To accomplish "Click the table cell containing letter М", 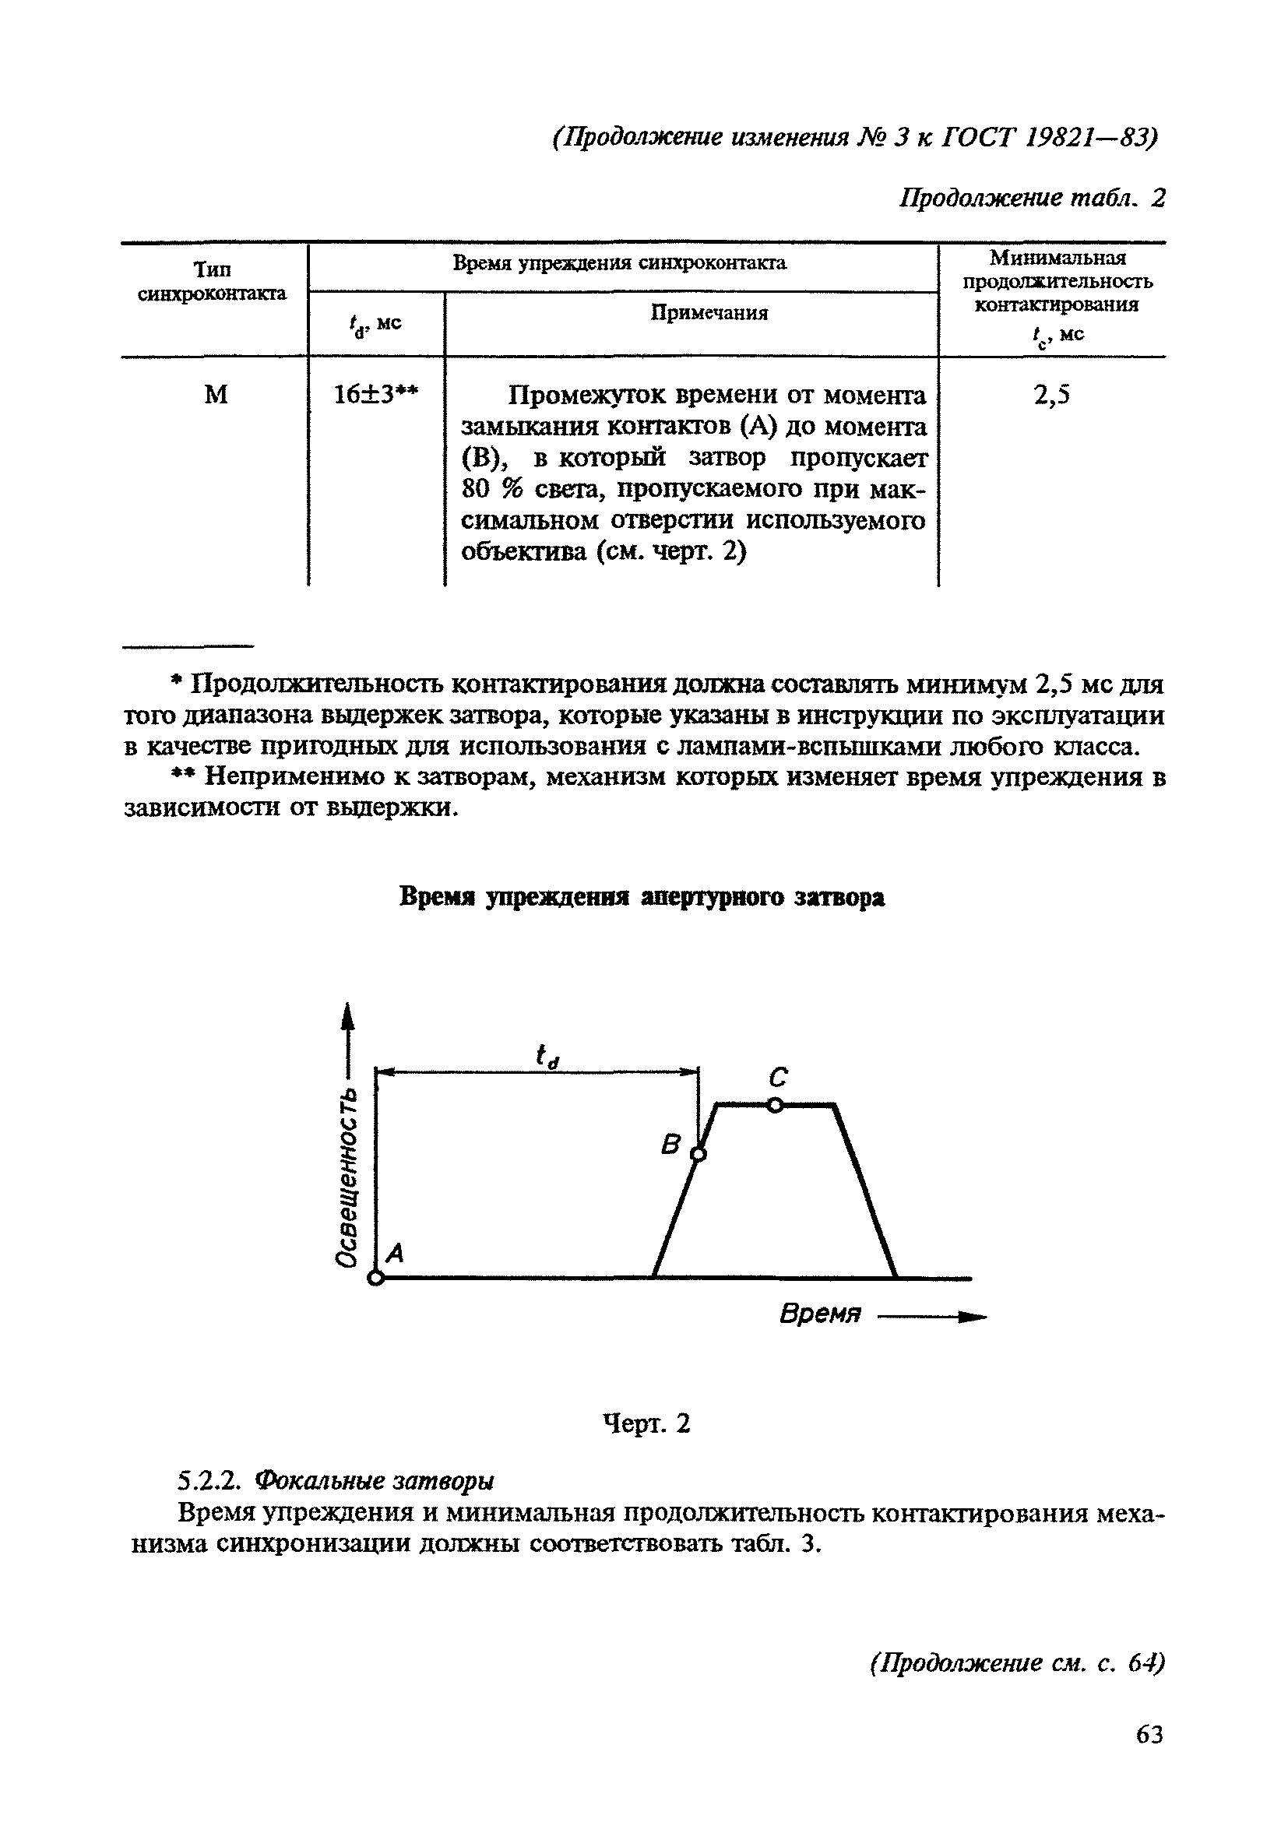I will [x=216, y=394].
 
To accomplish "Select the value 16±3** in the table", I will [x=375, y=393].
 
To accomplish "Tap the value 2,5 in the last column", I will [x=1051, y=394].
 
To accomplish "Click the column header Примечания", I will [x=709, y=312].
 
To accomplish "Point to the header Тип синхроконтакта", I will [x=213, y=281].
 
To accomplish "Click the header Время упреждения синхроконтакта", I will [x=620, y=263].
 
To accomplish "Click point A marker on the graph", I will [x=375, y=1279].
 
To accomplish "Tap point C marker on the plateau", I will [x=774, y=1105].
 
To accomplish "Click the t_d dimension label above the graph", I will [x=547, y=1055].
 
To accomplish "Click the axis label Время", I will [x=820, y=1314].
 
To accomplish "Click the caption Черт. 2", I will [x=646, y=1423].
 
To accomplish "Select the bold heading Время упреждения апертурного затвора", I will [x=642, y=898].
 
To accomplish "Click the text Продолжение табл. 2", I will [x=1032, y=197].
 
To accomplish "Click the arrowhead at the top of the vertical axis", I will [x=347, y=1015].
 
